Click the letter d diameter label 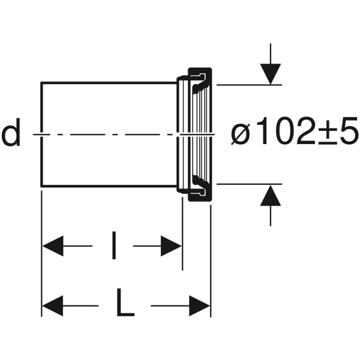(x=11, y=134)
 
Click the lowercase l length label (x=114, y=246)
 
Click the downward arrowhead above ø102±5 (x=271, y=74)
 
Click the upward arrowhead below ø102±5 (x=271, y=196)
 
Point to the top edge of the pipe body (x=108, y=82)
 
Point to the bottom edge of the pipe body (x=108, y=187)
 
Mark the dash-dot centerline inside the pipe (x=108, y=134)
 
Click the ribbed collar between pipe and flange (x=183, y=134)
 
